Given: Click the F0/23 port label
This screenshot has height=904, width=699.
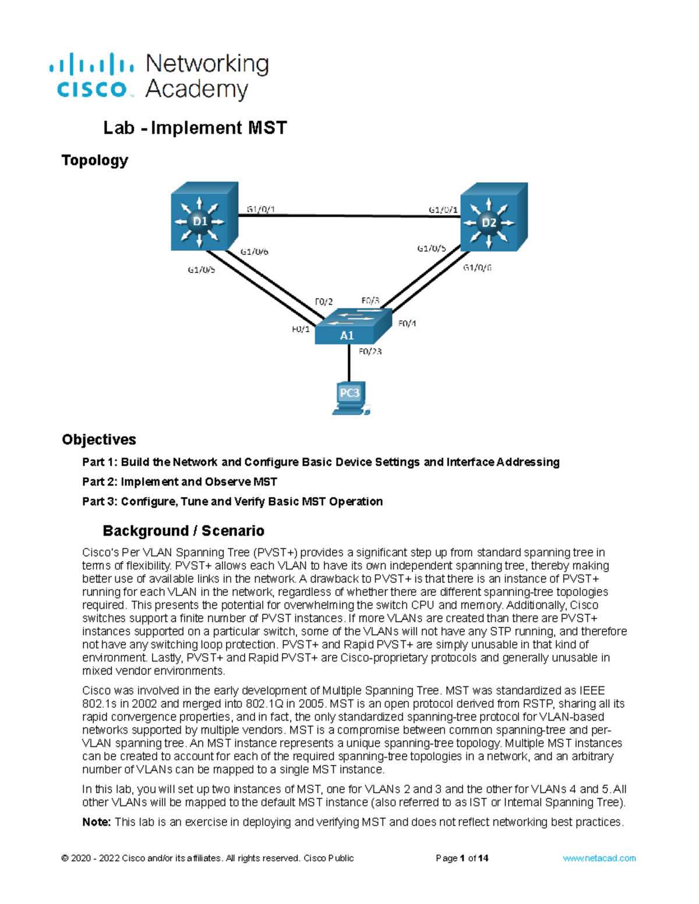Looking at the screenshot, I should [370, 352].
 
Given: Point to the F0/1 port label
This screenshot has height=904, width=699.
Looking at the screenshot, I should [301, 329].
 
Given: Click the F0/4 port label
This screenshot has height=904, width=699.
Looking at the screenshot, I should [407, 324].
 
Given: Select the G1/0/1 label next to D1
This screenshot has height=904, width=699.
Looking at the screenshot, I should [260, 210].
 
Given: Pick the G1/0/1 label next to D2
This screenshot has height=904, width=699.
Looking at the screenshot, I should [443, 210].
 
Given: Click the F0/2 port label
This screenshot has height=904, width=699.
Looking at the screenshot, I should [324, 302].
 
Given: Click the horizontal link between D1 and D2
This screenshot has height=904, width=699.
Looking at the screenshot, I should [349, 216].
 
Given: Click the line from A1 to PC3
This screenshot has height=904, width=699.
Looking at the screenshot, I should [349, 364].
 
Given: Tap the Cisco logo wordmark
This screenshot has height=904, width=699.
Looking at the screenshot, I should [91, 89].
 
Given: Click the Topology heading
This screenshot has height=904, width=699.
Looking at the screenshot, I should [95, 160].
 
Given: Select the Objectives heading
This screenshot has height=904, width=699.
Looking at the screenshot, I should [99, 439].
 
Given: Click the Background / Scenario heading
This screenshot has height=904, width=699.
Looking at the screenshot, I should [183, 531].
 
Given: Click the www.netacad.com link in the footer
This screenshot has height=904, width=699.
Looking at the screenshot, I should [599, 858].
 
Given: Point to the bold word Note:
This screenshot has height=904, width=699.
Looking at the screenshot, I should [96, 822].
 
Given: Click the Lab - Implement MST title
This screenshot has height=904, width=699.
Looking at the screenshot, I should [195, 128].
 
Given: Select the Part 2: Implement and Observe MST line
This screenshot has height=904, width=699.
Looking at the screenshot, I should [179, 482].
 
